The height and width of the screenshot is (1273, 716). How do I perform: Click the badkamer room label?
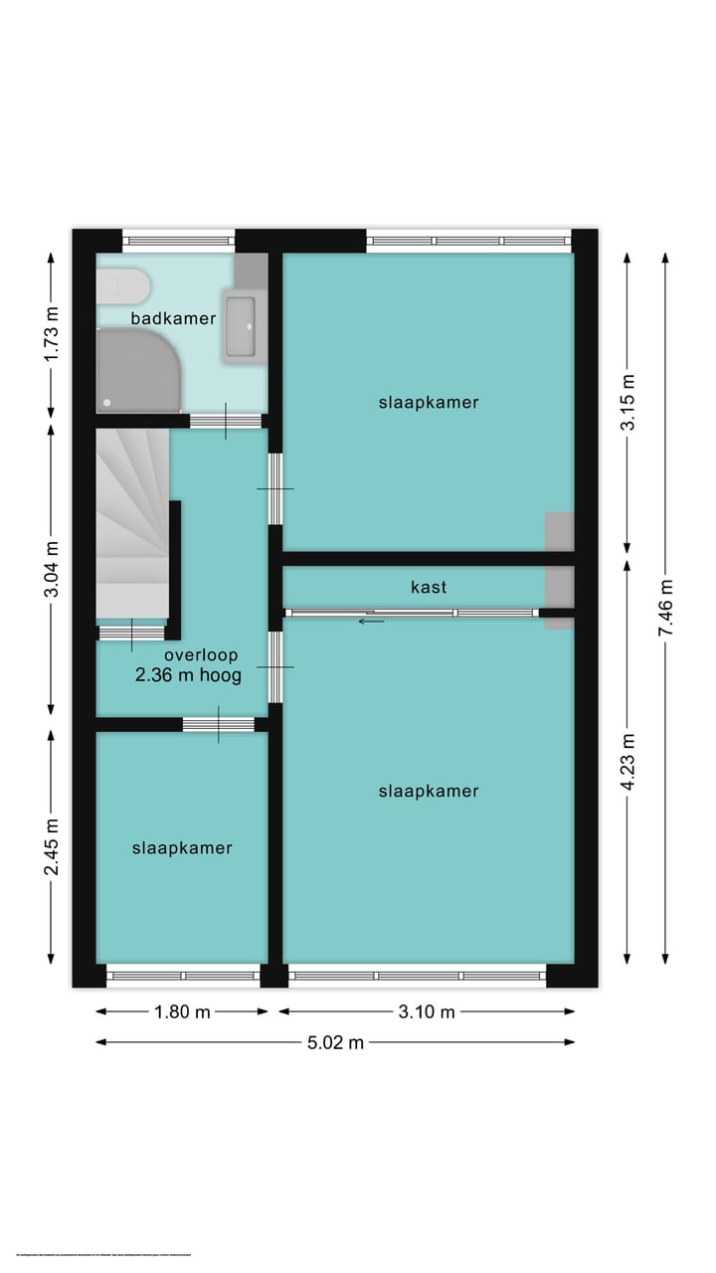pyautogui.click(x=173, y=318)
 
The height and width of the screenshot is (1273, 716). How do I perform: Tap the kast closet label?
pyautogui.click(x=429, y=587)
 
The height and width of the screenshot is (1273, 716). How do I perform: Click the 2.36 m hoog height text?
pyautogui.click(x=189, y=675)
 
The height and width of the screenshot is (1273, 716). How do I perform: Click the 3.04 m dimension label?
pyautogui.click(x=52, y=570)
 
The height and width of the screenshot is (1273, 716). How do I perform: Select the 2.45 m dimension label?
pyautogui.click(x=52, y=846)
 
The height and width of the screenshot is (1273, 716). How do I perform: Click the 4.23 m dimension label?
pyautogui.click(x=626, y=761)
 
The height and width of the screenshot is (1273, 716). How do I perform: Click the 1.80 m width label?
pyautogui.click(x=182, y=1012)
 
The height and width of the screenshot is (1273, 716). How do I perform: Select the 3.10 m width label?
pyautogui.click(x=427, y=1012)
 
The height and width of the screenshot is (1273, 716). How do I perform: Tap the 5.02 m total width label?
pyautogui.click(x=335, y=1042)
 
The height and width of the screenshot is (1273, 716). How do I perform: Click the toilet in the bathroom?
pyautogui.click(x=121, y=286)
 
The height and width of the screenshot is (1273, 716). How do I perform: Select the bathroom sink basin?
pyautogui.click(x=242, y=325)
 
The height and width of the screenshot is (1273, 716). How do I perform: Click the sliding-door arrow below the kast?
pyautogui.click(x=371, y=622)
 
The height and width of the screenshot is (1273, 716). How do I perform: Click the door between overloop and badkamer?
pyautogui.click(x=226, y=422)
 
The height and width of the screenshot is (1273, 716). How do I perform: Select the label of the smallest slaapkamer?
pyautogui.click(x=182, y=848)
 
